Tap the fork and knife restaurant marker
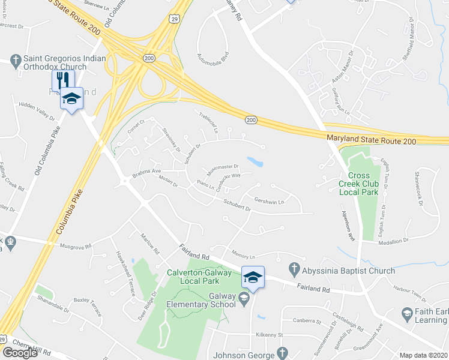click(62, 80)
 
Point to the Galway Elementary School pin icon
click(244, 298)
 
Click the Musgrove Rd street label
click(75, 246)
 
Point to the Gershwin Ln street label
click(269, 202)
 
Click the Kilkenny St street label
click(268, 334)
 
